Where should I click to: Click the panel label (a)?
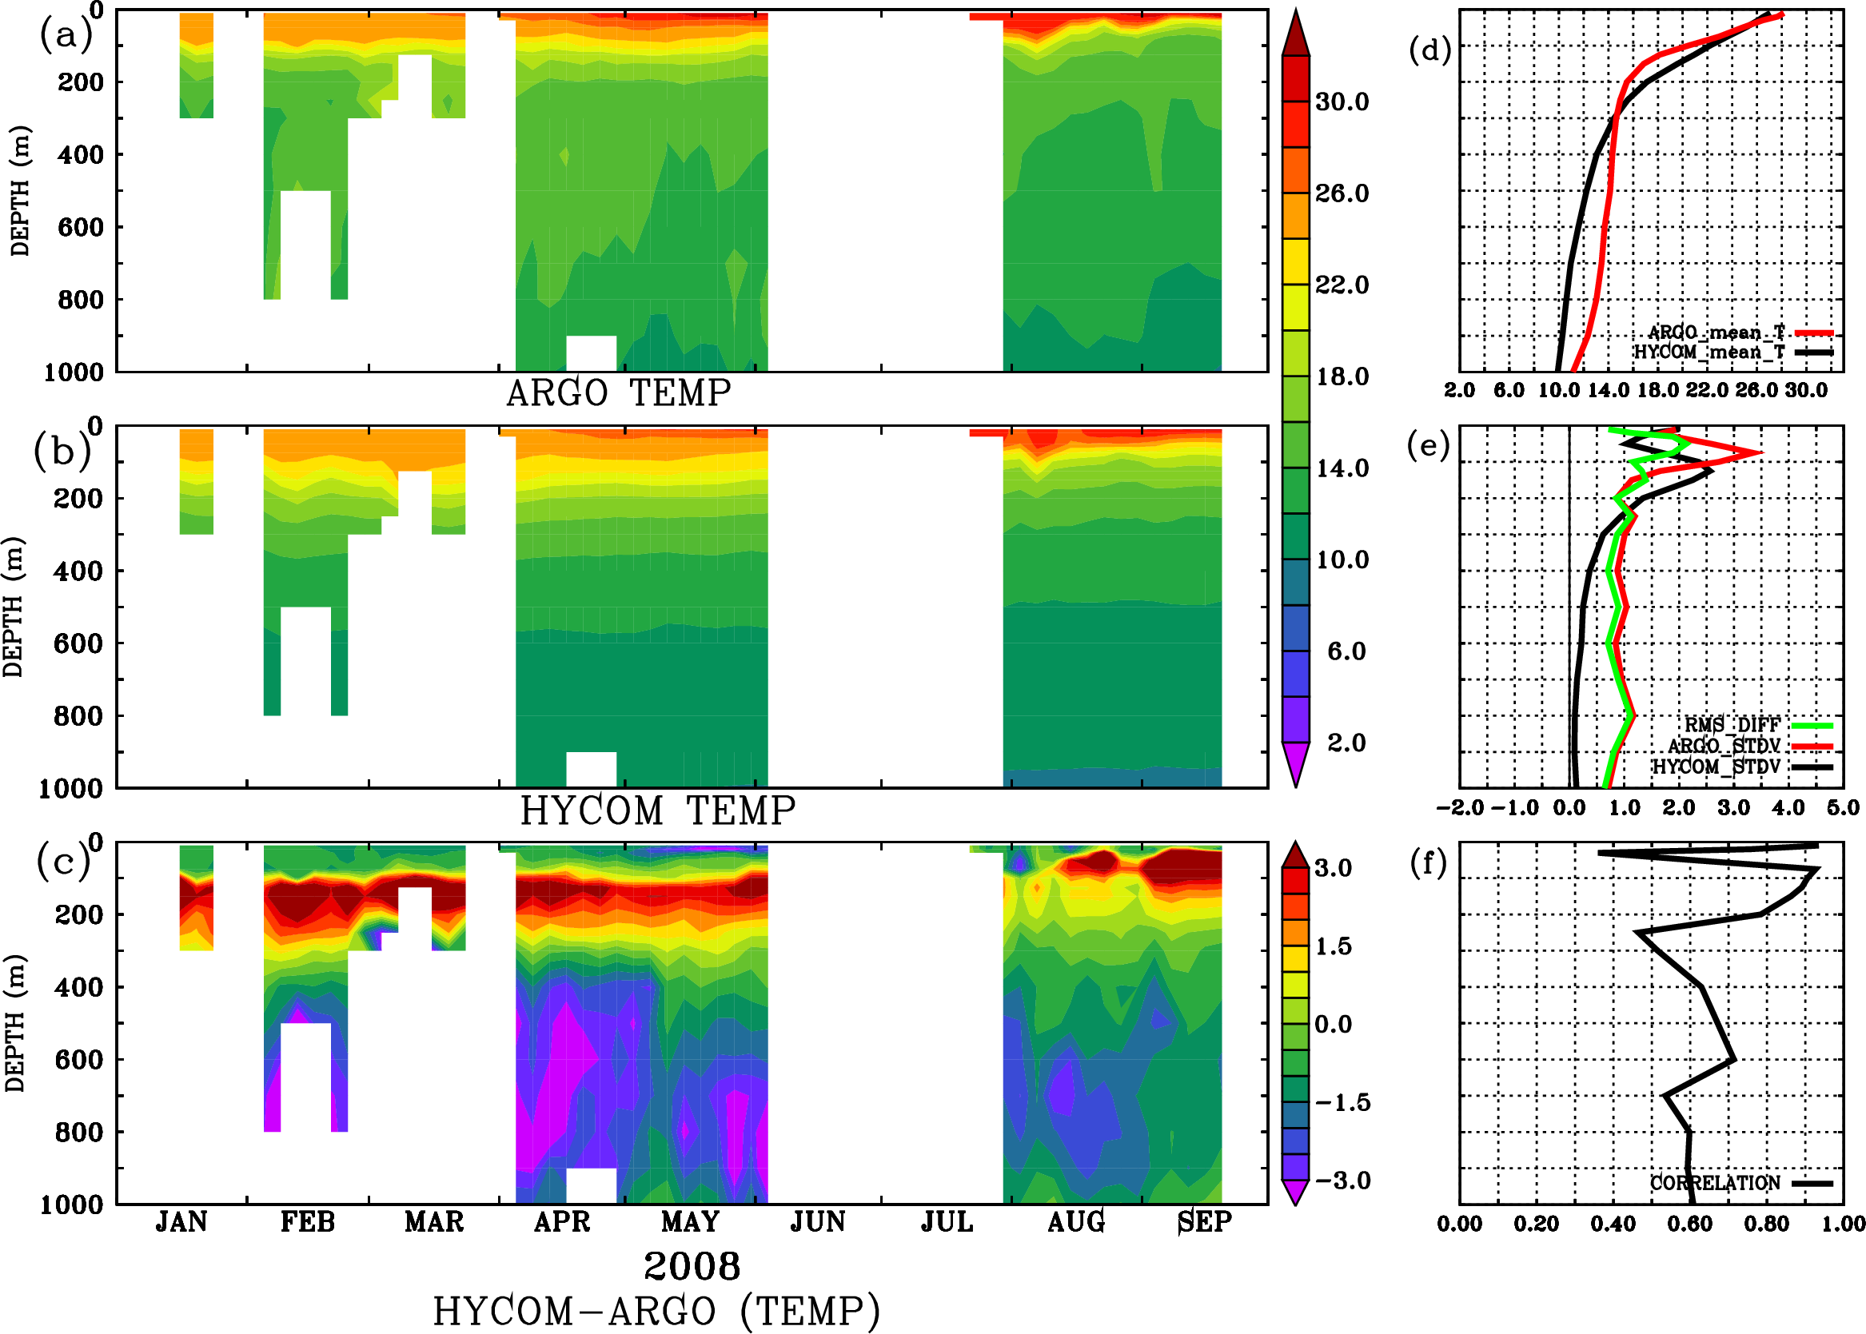[x=66, y=34]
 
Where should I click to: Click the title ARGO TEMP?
[x=618, y=393]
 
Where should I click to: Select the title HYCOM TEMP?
[x=657, y=810]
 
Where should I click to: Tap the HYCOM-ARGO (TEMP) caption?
[x=656, y=1311]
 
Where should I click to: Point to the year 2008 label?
[x=692, y=1266]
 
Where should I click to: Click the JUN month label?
[x=818, y=1222]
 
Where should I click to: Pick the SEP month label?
[x=1205, y=1222]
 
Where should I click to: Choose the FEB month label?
[x=308, y=1222]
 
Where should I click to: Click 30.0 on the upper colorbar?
[x=1342, y=102]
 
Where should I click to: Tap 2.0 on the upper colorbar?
[x=1346, y=743]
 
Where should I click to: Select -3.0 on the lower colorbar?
[x=1342, y=1181]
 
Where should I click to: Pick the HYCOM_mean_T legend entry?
[x=1710, y=352]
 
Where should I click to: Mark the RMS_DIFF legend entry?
[x=1732, y=725]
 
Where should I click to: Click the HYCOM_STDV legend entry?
[x=1716, y=767]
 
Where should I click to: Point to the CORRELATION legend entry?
[x=1715, y=1183]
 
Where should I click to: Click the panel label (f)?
[x=1428, y=863]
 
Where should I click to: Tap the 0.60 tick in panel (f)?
[x=1690, y=1224]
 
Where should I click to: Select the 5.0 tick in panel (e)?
[x=1843, y=808]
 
